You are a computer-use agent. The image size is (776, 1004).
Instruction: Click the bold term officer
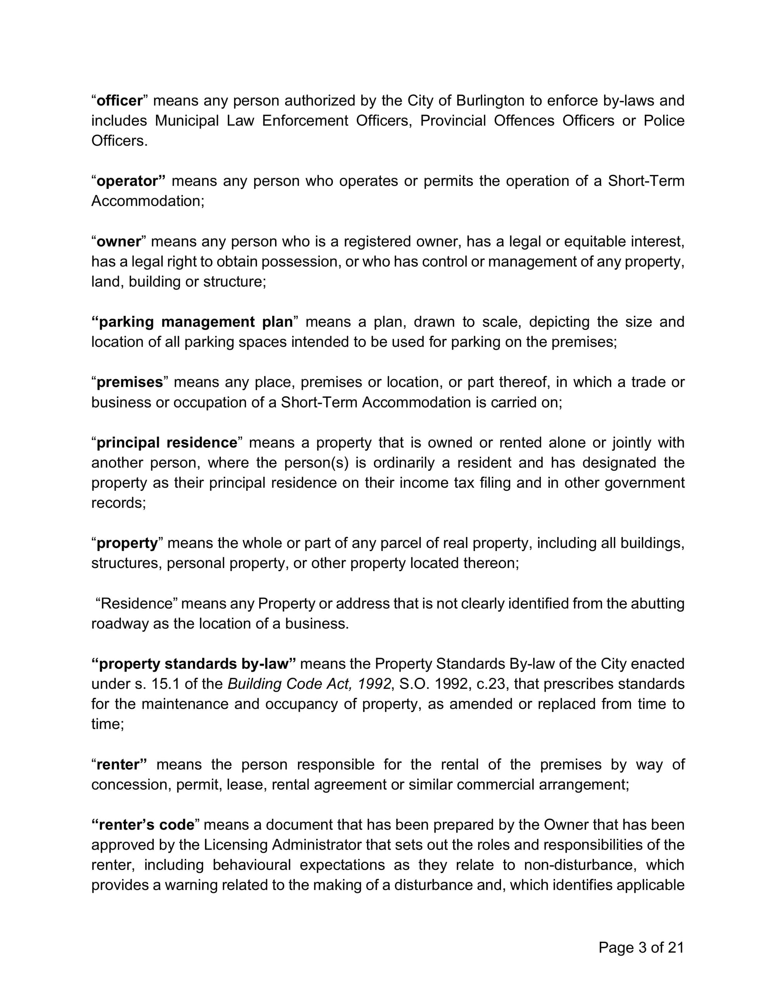pyautogui.click(x=120, y=101)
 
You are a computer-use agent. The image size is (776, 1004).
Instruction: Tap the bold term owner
pyautogui.click(x=119, y=242)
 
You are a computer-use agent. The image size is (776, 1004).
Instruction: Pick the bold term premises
pyautogui.click(x=130, y=383)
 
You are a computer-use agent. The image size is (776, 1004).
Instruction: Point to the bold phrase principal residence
pyautogui.click(x=166, y=443)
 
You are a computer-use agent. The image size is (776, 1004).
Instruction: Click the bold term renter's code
pyautogui.click(x=147, y=825)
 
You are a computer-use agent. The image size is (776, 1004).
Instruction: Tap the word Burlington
pyautogui.click(x=490, y=101)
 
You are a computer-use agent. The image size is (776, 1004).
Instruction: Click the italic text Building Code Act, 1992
pyautogui.click(x=309, y=684)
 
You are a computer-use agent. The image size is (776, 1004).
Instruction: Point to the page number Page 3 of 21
pyautogui.click(x=641, y=947)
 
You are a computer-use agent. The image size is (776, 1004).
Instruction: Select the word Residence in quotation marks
pyautogui.click(x=137, y=604)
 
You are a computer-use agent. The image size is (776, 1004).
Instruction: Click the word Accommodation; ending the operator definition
pyautogui.click(x=147, y=201)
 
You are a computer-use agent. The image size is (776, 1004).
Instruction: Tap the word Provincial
pyautogui.click(x=453, y=121)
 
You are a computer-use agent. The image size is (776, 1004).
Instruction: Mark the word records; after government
pyautogui.click(x=119, y=503)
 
